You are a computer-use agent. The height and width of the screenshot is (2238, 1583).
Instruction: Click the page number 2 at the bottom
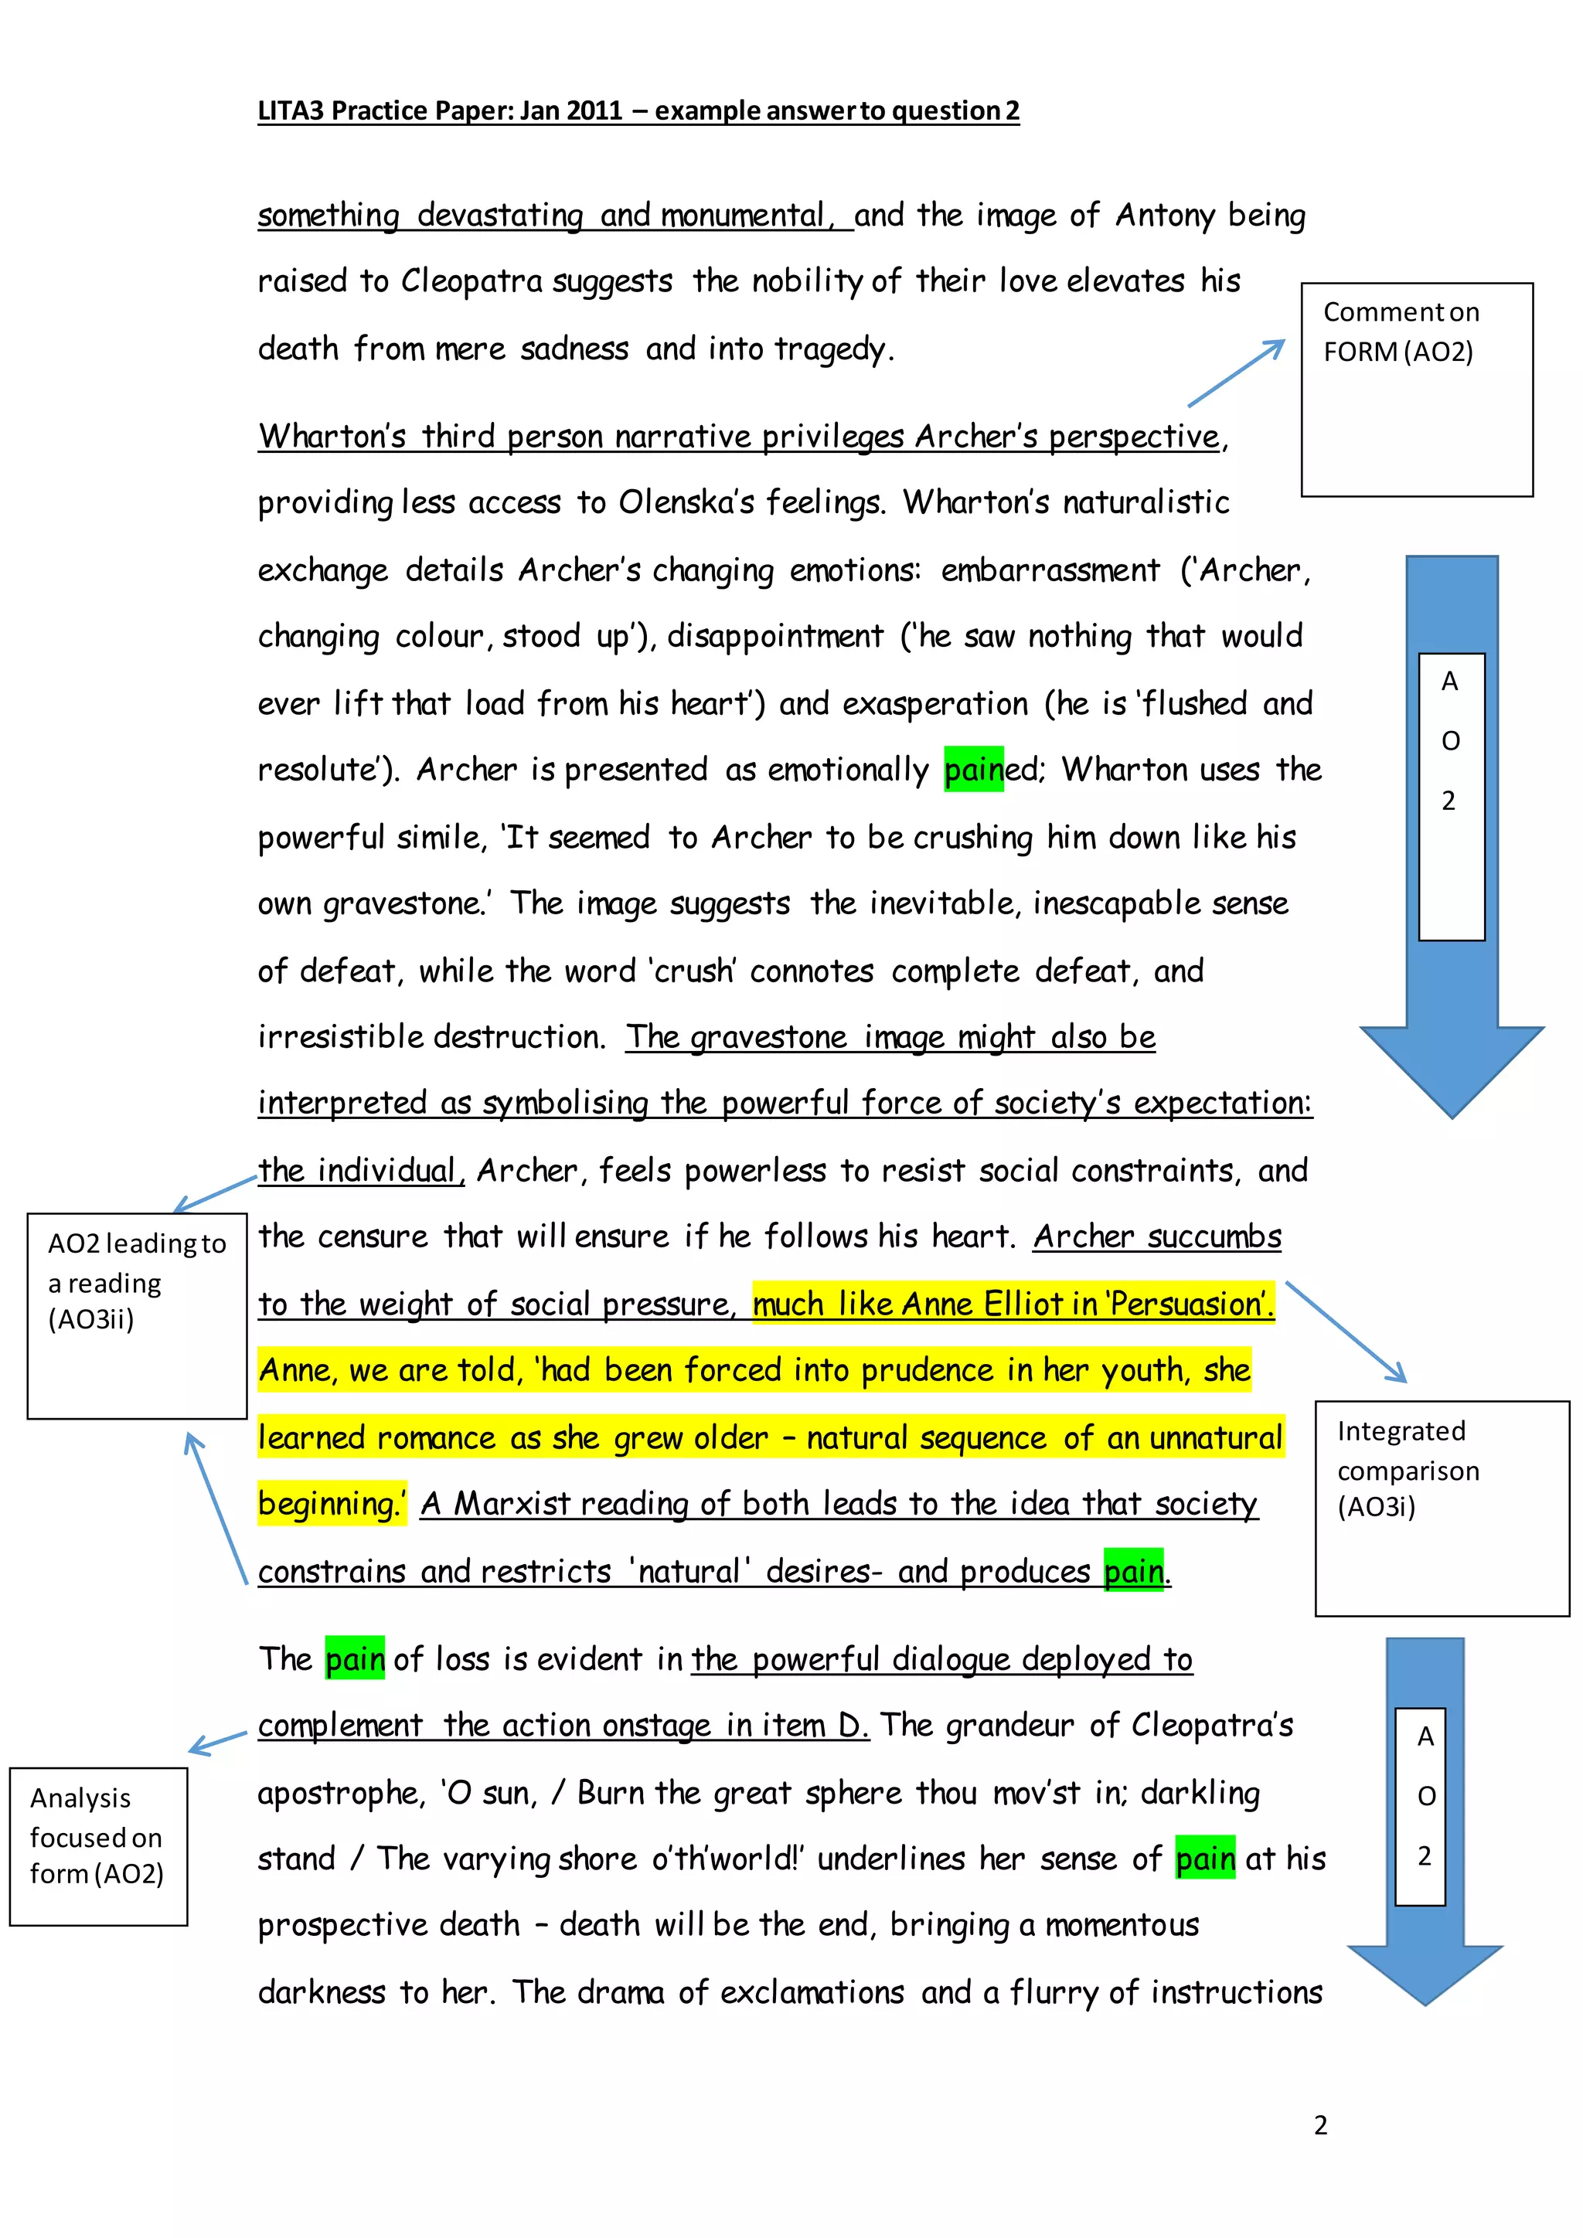coord(1320,2124)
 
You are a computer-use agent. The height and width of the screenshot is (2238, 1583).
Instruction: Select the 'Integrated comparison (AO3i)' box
coord(1441,1508)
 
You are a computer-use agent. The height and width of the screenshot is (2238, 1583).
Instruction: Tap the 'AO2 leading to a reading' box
coord(137,1315)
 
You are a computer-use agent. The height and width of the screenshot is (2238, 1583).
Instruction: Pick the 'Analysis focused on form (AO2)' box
coord(97,1845)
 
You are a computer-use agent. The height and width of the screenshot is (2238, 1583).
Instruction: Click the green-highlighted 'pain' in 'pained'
coord(973,770)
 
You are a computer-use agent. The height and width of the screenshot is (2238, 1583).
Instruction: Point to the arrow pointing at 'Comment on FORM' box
coord(1236,372)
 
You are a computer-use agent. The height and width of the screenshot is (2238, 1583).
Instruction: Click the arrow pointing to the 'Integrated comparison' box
coord(1346,1332)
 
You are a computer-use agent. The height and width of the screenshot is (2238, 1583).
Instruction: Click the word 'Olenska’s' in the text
coord(686,503)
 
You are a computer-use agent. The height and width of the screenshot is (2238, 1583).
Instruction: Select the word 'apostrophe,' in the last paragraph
coord(341,1794)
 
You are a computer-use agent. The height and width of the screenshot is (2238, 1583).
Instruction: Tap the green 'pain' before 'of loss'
coord(355,1659)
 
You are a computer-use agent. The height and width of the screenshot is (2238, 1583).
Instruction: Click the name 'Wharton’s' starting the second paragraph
coord(332,437)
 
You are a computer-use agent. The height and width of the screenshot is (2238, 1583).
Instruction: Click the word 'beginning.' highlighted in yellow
coord(331,1504)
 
